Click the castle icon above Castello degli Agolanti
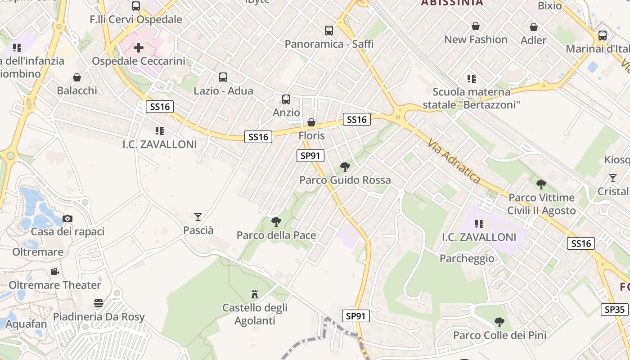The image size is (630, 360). [255, 295]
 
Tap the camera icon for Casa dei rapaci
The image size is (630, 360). [67, 219]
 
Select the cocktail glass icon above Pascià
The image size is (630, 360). [198, 217]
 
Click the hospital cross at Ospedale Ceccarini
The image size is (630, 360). [139, 47]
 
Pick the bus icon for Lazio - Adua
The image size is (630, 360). [223, 77]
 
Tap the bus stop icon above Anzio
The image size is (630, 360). [286, 99]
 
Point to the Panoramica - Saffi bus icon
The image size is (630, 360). [329, 31]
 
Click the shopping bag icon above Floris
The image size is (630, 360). [311, 122]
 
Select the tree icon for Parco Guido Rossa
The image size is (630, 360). [345, 167]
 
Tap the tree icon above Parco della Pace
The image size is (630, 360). [276, 222]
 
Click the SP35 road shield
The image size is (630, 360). [614, 310]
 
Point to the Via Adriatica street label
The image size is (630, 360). [454, 161]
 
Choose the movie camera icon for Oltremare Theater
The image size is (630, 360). [54, 272]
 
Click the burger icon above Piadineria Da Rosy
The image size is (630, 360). [99, 303]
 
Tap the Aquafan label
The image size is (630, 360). [27, 324]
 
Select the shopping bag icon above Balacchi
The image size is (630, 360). [77, 77]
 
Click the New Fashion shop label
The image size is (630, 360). [476, 40]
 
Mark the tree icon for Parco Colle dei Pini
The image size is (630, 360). [499, 322]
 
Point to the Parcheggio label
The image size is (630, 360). [467, 259]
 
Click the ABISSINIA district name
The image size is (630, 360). [452, 3]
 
